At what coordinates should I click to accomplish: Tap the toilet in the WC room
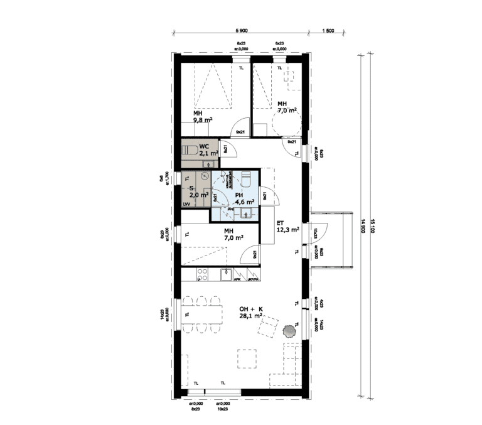189,150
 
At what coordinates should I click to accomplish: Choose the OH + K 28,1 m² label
250,313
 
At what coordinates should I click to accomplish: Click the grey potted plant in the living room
290,328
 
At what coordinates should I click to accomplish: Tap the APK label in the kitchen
238,280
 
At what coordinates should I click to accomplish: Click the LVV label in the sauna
186,205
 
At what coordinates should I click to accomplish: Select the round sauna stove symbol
204,178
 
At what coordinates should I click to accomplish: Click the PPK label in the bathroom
222,209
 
